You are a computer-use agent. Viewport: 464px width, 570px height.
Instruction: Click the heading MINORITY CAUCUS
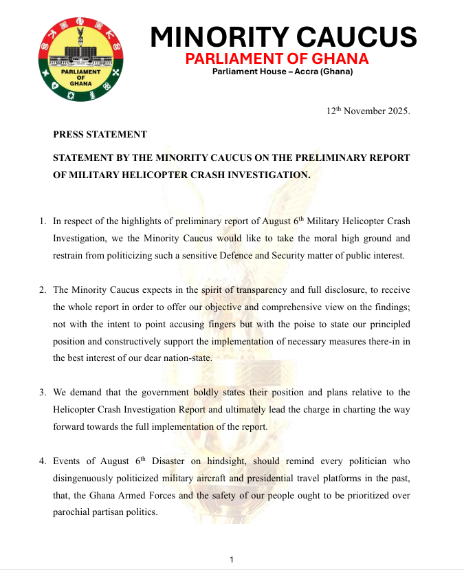click(283, 36)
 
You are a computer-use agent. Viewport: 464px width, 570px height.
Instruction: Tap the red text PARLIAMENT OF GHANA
click(277, 58)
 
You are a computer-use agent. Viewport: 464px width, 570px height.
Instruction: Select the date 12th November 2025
click(368, 111)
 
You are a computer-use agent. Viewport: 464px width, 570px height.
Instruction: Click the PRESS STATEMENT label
click(100, 134)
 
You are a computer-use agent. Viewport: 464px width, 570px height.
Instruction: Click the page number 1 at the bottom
click(232, 560)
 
